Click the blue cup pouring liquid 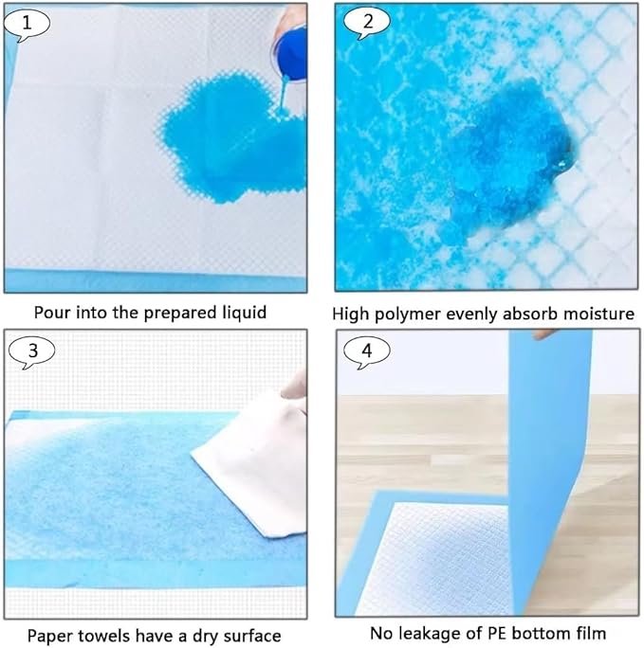pos(290,47)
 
